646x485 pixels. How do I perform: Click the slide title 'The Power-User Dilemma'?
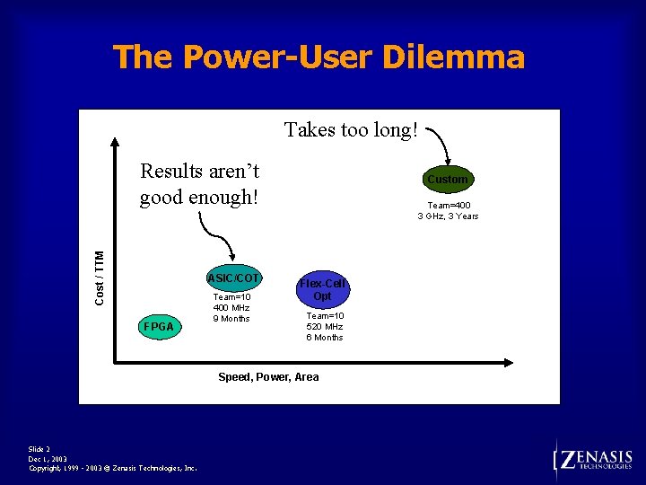(x=319, y=57)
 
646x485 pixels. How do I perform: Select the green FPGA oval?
(x=159, y=327)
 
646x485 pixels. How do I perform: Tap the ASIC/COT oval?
(x=233, y=277)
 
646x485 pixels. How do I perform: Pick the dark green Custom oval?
(x=447, y=180)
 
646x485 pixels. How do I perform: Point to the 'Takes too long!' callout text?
(x=351, y=130)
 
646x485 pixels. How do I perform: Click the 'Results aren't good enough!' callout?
(x=199, y=183)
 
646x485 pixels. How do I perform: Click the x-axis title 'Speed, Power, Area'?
(x=268, y=377)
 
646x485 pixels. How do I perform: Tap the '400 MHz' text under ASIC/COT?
(x=231, y=308)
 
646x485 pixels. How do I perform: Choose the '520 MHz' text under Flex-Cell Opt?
(x=324, y=327)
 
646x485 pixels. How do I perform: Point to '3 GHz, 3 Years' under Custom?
(x=448, y=216)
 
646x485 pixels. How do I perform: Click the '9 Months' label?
(x=231, y=319)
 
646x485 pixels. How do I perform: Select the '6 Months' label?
(x=324, y=338)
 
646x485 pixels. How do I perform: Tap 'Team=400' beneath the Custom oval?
(x=449, y=205)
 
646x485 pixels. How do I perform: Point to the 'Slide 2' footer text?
(x=39, y=449)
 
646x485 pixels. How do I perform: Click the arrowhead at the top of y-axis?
(x=115, y=142)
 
